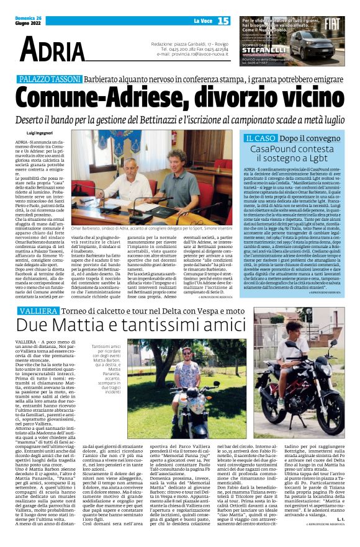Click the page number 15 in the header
click(222, 22)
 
